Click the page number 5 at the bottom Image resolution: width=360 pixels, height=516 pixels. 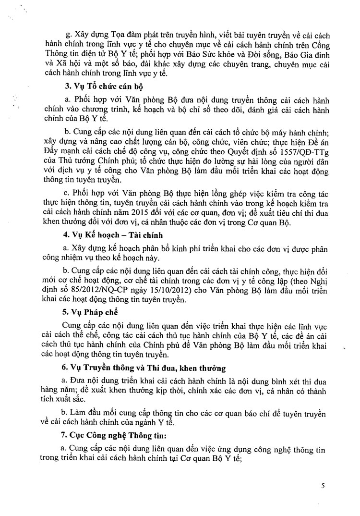(x=323, y=486)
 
